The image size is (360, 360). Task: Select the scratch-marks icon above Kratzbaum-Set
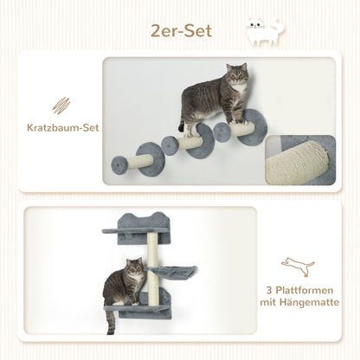61,106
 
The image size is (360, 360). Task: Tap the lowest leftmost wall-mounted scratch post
141,162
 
